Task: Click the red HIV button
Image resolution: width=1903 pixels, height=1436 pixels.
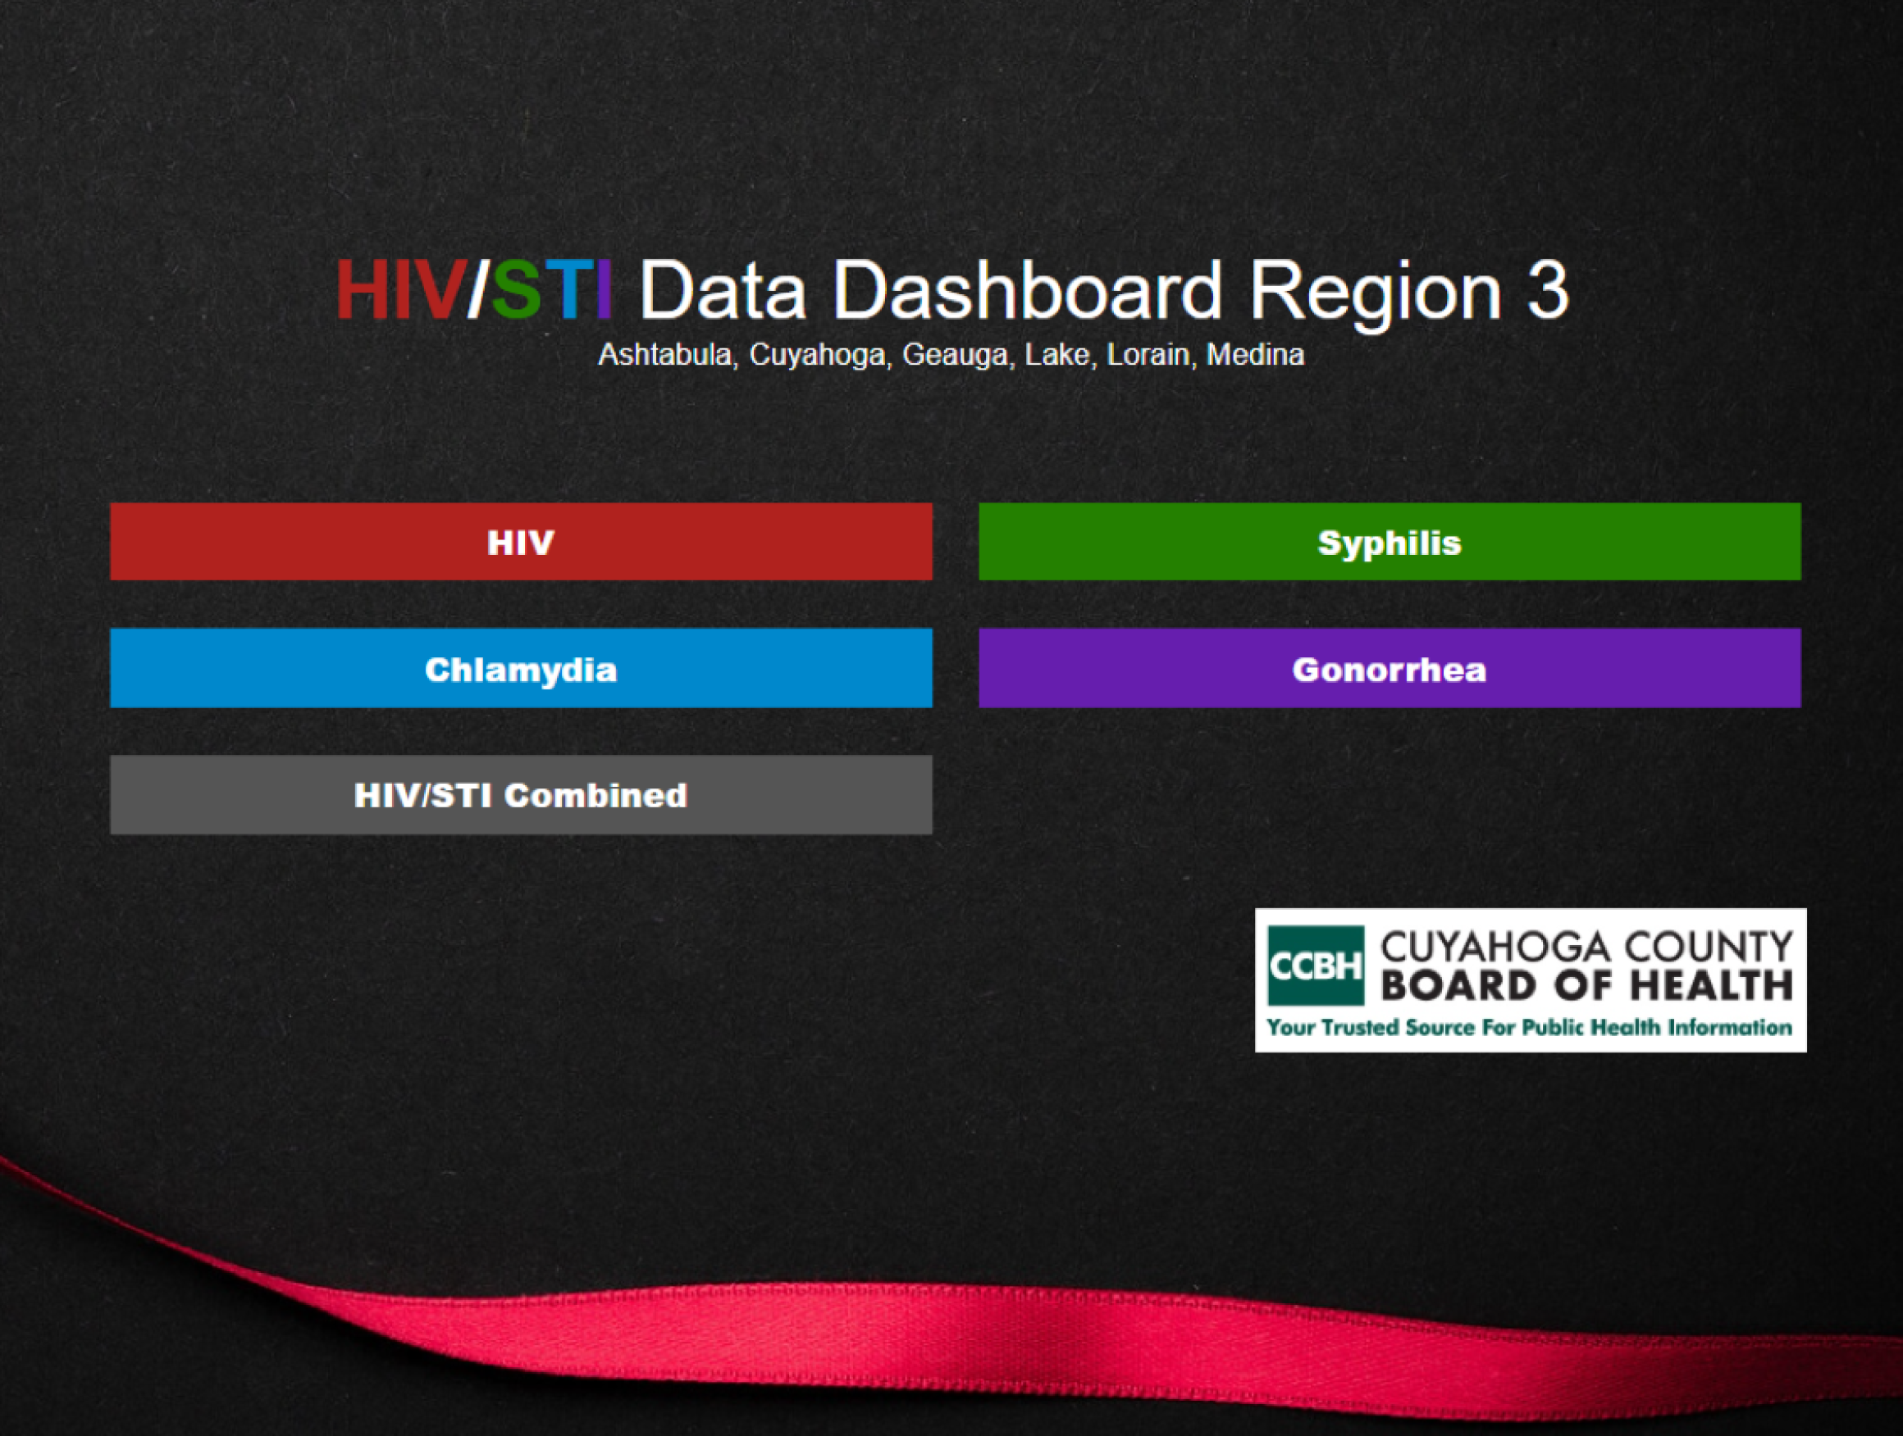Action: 521,542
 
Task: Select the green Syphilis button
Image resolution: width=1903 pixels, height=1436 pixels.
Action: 1390,542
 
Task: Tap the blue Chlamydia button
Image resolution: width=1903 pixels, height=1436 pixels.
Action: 521,668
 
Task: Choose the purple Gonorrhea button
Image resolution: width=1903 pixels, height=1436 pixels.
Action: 1390,668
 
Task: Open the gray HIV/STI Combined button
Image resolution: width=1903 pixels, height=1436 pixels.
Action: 521,794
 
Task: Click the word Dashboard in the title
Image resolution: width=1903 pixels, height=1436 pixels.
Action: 1026,291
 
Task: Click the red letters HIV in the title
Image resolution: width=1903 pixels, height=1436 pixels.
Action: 400,291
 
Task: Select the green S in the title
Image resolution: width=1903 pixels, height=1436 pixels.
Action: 516,291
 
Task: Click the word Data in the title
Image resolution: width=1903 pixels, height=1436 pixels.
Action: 722,291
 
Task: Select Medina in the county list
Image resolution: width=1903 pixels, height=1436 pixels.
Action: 1255,354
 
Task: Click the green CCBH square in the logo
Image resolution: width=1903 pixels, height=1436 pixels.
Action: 1316,966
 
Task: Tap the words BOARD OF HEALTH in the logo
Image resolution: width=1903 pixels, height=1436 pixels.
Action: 1586,985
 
